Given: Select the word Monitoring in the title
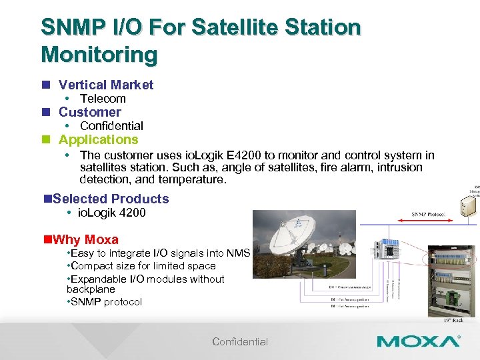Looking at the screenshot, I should click(99, 53).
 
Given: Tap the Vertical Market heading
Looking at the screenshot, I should click(105, 85).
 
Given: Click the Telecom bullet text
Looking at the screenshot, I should click(103, 99).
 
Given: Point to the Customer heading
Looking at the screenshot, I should click(89, 112).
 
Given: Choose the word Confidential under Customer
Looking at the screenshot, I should click(111, 126).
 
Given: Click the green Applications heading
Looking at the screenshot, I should click(98, 139).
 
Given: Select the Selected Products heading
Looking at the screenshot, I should click(110, 199).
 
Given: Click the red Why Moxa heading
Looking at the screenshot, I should click(85, 239).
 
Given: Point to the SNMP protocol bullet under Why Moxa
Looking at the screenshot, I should click(107, 302).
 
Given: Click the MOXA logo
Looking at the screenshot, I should click(418, 341).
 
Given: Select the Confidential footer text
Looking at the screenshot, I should click(240, 342).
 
